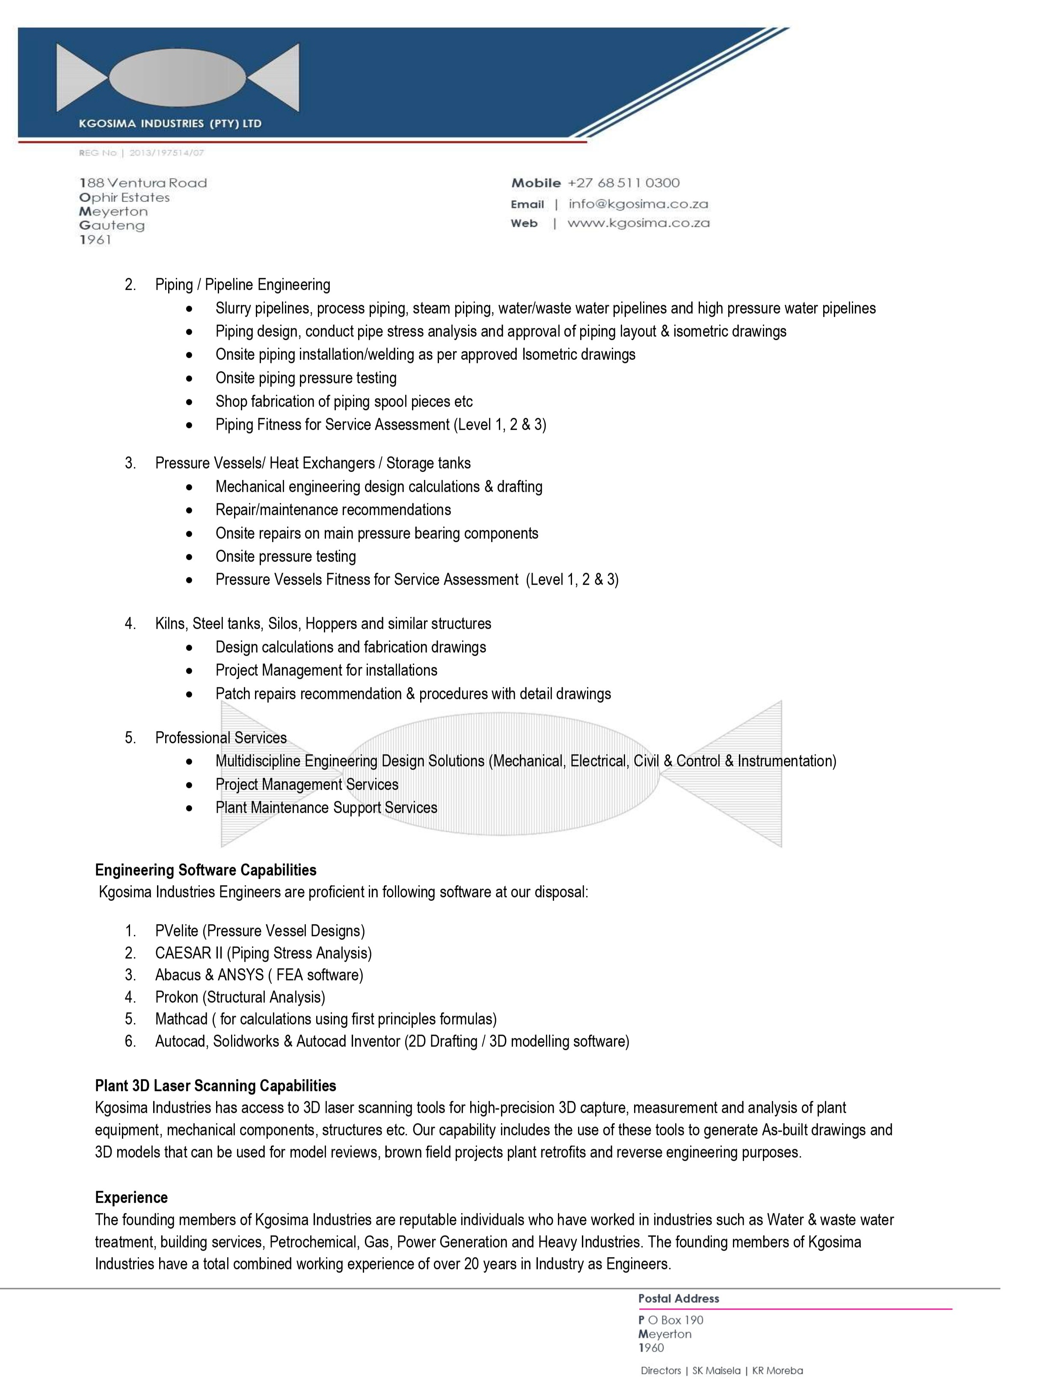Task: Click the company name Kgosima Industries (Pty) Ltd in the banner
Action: tap(169, 124)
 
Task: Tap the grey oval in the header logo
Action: tap(178, 78)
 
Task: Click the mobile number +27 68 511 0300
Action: tap(623, 183)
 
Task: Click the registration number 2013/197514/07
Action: tap(166, 152)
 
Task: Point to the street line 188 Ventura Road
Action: tap(143, 183)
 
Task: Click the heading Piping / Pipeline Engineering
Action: tap(242, 285)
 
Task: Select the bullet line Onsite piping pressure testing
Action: tap(305, 378)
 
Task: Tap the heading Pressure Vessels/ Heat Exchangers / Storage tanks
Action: tap(312, 463)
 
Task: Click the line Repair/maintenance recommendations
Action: tap(333, 509)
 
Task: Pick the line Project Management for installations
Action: tap(326, 670)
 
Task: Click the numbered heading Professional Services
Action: tap(221, 737)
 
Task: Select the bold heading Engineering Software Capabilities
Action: tap(206, 870)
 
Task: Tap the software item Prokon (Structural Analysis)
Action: tap(240, 997)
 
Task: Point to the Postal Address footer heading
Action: tap(678, 1299)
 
